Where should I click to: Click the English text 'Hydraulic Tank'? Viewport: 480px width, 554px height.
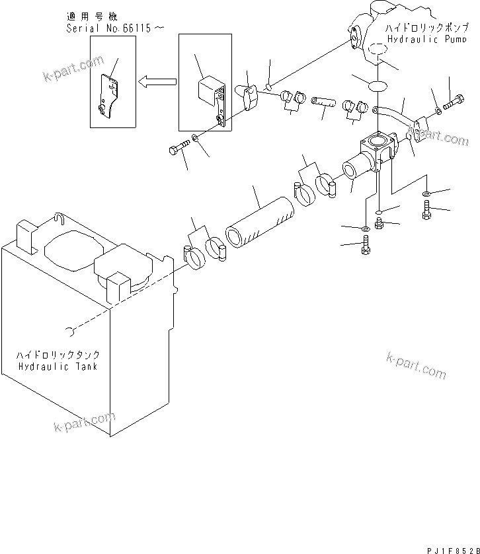click(x=58, y=366)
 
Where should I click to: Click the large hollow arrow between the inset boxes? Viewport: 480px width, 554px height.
click(x=157, y=82)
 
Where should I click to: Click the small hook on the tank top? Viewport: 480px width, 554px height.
click(x=59, y=217)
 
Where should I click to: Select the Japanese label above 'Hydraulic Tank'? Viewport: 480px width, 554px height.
click(x=58, y=355)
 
